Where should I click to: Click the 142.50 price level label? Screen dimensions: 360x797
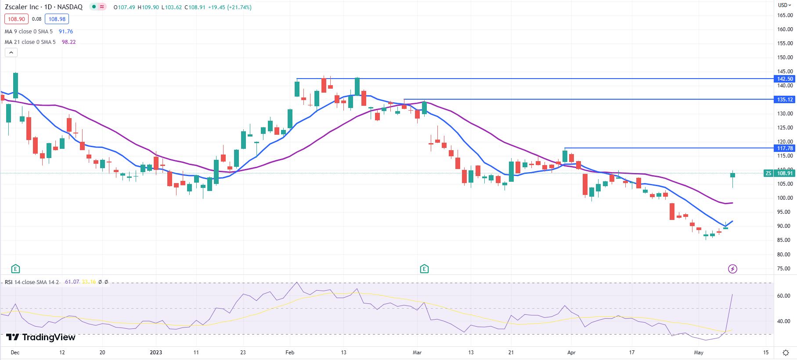tap(785, 79)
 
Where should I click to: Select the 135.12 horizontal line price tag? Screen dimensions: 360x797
tap(785, 100)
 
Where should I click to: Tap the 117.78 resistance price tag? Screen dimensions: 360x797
tap(785, 148)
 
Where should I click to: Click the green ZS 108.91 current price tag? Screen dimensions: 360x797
tap(780, 173)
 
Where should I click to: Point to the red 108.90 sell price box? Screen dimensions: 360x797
tap(16, 19)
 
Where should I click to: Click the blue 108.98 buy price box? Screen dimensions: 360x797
tap(57, 19)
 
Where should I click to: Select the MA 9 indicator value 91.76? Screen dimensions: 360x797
tap(66, 32)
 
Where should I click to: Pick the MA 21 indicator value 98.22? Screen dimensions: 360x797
tap(69, 42)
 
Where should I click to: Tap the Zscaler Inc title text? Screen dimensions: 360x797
tap(22, 7)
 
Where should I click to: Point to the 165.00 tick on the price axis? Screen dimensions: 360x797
tap(785, 15)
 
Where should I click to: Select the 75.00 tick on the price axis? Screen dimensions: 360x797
tap(785, 269)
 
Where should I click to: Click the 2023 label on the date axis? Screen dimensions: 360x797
tap(156, 353)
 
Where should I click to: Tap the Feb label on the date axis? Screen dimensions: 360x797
tap(289, 353)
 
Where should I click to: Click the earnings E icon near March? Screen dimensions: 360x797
tap(424, 269)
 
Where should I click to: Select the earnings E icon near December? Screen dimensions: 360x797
tap(15, 269)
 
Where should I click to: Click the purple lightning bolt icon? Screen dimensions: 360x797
tap(732, 269)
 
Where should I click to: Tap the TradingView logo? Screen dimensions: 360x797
tap(41, 337)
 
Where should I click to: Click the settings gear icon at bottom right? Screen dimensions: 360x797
tap(786, 353)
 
